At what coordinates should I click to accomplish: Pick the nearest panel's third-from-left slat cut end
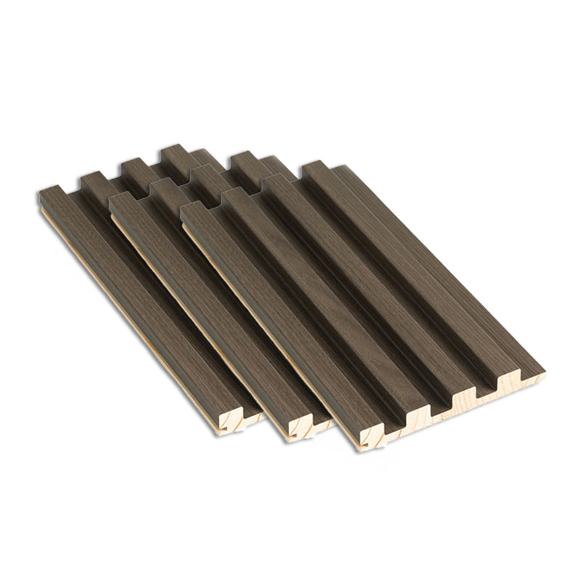pyautogui.click(x=469, y=396)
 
